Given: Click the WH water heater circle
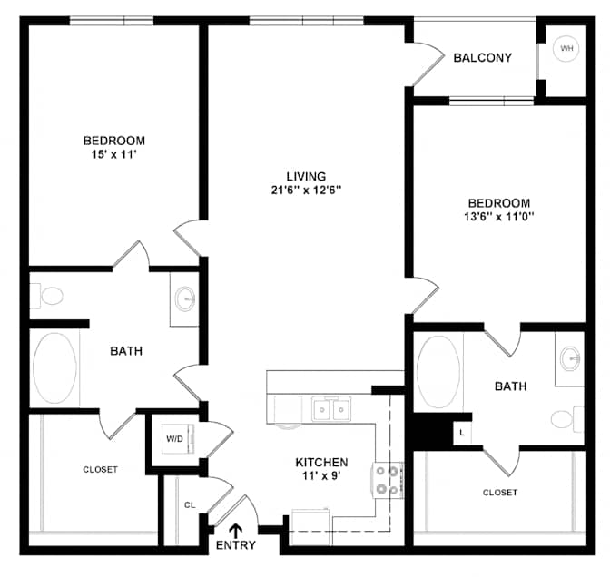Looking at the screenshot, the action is (566, 49).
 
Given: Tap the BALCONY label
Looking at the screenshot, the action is (482, 58).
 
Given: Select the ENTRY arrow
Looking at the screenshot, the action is (235, 531).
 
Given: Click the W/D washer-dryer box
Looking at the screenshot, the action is (177, 439).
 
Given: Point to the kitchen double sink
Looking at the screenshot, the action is (331, 408).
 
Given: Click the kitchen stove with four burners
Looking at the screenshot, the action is (388, 480).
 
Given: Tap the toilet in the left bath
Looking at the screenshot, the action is (46, 296).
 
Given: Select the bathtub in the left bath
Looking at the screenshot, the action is (54, 367).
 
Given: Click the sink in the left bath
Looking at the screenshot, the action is (184, 299).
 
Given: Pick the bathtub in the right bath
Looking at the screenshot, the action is (438, 372).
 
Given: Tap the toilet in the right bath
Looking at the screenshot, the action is (567, 419).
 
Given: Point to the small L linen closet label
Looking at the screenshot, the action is (462, 433).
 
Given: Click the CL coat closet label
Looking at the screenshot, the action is (190, 505).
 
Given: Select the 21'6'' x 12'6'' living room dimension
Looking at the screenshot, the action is (306, 191).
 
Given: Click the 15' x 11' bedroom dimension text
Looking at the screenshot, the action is (113, 155).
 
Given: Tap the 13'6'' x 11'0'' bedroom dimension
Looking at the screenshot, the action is (498, 217).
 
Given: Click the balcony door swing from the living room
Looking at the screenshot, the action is (428, 64).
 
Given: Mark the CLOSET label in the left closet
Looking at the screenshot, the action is (101, 470).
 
